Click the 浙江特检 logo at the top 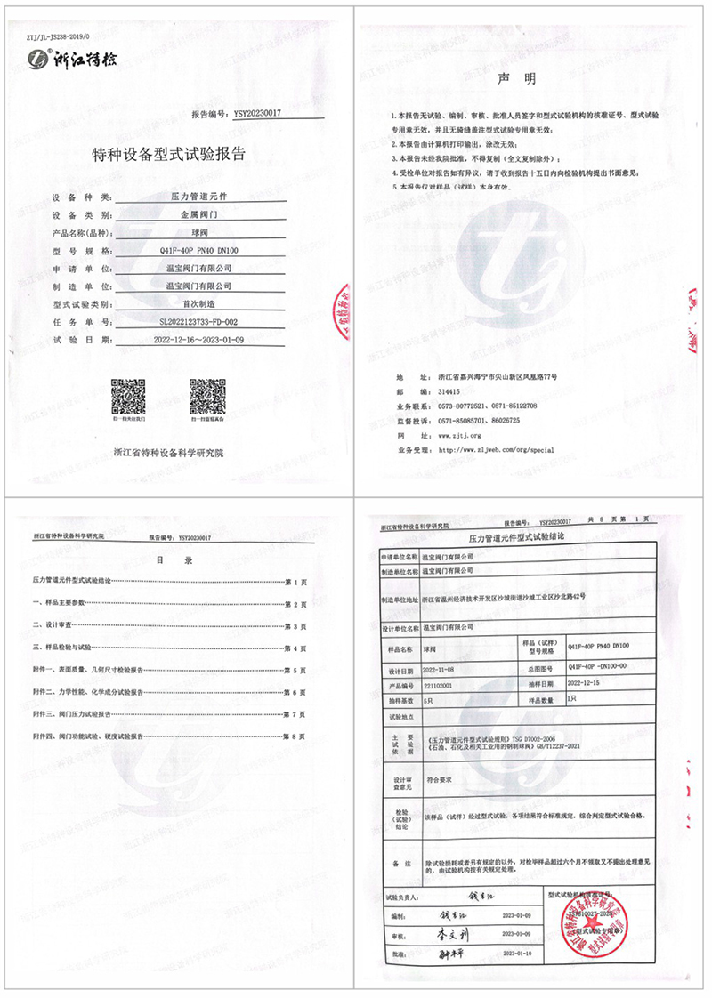point(68,60)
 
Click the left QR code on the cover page point(127,395)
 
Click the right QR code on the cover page point(206,395)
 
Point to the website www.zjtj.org point(460,435)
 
